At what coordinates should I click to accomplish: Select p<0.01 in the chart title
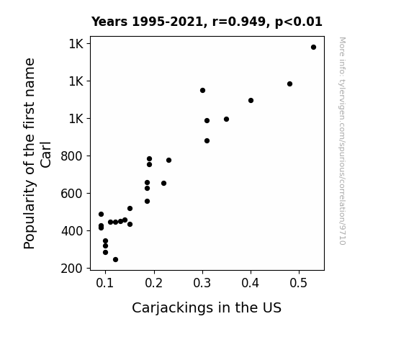point(299,22)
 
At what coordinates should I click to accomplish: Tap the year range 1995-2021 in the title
point(169,22)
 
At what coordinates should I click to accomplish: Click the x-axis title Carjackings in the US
point(207,308)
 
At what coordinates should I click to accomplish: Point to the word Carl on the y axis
point(45,155)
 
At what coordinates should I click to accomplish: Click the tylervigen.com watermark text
point(342,141)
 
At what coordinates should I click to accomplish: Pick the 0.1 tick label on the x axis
point(105,283)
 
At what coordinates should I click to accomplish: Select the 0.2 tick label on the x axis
point(153,283)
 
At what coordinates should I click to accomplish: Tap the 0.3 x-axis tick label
point(202,283)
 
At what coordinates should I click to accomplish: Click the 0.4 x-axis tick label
point(251,283)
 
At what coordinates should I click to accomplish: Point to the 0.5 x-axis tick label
point(299,283)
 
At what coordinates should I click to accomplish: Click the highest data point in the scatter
point(313,48)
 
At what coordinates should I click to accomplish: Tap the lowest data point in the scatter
point(115,260)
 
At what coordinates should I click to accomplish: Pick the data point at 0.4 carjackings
point(251,100)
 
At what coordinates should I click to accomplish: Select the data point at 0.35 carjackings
point(226,119)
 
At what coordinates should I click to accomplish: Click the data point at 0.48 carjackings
point(289,84)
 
